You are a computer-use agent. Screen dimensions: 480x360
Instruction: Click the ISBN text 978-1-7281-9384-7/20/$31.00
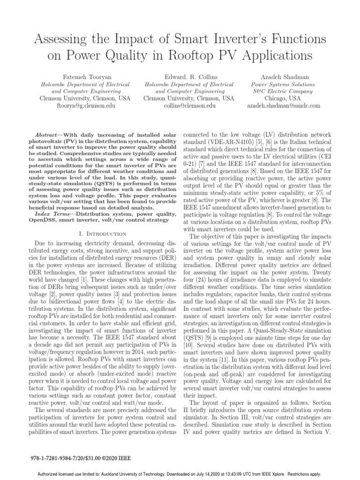70,457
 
